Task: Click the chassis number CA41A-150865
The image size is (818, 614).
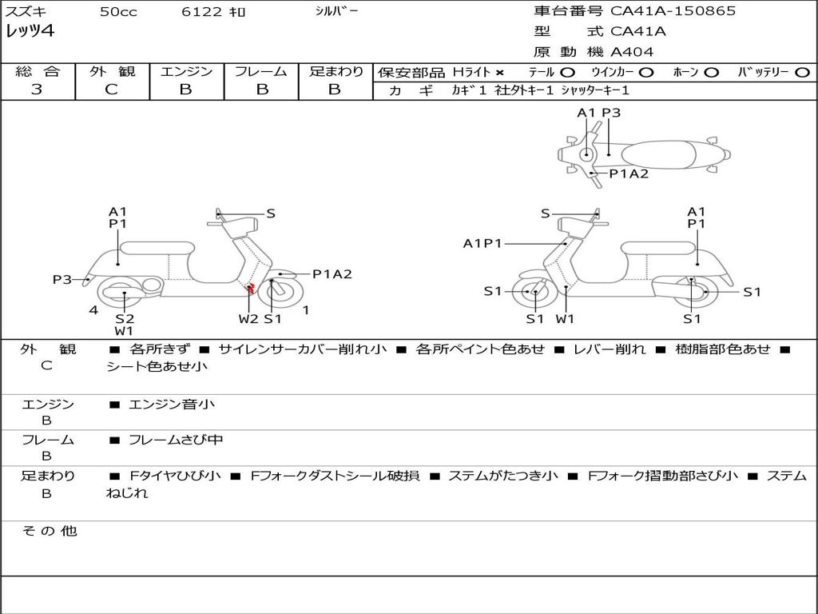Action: [673, 11]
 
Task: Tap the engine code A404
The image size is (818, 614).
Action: [632, 52]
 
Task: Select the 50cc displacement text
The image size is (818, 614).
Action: [118, 12]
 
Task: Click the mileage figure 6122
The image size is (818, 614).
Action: [202, 12]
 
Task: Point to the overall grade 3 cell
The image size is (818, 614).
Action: [37, 90]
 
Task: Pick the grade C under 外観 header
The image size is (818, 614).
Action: [111, 90]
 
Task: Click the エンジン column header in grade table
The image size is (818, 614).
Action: [186, 72]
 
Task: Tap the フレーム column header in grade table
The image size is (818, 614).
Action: [260, 72]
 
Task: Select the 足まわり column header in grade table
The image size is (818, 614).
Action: [336, 72]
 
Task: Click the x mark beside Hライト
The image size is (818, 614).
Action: [499, 73]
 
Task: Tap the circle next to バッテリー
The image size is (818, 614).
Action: [802, 73]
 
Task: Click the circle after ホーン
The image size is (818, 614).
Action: [712, 73]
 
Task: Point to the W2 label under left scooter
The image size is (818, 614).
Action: [248, 319]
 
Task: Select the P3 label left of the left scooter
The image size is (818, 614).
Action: [62, 279]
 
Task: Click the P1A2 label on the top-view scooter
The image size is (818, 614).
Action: [629, 173]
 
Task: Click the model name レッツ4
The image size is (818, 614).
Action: [30, 32]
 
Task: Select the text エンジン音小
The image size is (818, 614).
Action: [171, 405]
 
